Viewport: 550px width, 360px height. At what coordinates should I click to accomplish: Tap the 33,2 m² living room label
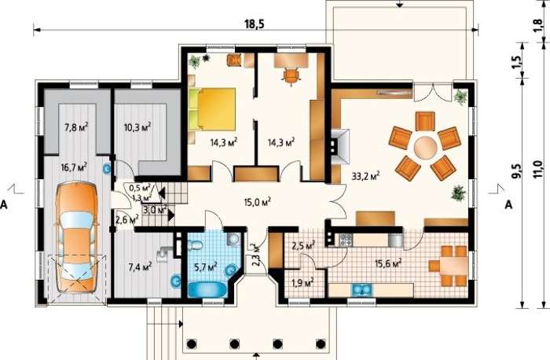(x=366, y=175)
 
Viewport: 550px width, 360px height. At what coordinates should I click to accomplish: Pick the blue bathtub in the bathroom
(x=208, y=289)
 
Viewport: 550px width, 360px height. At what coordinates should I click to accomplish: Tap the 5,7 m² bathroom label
(x=206, y=268)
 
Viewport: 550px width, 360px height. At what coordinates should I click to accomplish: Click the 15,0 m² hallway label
(x=258, y=202)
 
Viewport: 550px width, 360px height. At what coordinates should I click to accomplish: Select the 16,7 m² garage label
(x=74, y=167)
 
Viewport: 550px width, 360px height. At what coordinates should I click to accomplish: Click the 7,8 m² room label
(x=75, y=127)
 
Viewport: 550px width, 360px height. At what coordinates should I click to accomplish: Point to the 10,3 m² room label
(x=137, y=127)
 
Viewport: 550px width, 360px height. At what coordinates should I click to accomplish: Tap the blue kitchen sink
(x=361, y=290)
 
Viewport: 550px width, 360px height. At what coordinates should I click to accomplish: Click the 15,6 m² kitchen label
(x=388, y=263)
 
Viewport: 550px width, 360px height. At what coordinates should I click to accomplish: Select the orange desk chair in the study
(x=291, y=75)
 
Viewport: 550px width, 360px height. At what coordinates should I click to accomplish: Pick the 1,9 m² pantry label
(x=302, y=282)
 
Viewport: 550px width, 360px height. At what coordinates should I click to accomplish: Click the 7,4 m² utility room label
(x=140, y=267)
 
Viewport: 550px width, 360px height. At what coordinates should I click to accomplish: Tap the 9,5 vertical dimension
(x=516, y=171)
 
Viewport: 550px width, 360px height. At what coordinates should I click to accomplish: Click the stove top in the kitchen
(x=346, y=240)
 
